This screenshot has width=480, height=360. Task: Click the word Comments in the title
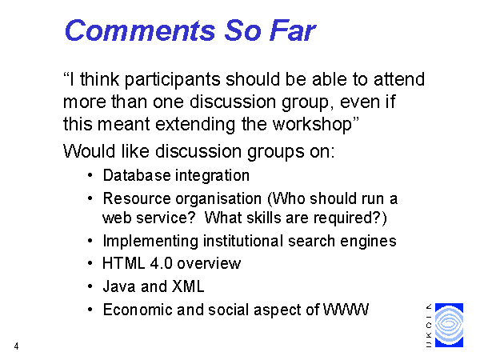click(x=140, y=30)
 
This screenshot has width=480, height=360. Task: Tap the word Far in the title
click(x=292, y=30)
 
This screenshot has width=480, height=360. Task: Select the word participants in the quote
click(x=172, y=80)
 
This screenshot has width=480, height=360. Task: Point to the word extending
click(x=195, y=125)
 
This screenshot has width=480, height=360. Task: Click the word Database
click(x=137, y=175)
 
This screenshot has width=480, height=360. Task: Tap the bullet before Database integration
click(x=90, y=175)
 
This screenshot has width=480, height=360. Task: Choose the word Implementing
click(x=150, y=241)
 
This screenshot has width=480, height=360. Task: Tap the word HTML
click(x=124, y=263)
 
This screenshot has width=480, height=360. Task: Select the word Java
click(x=119, y=286)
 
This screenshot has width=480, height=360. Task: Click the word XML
click(x=188, y=286)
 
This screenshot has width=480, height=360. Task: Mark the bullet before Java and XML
click(x=90, y=286)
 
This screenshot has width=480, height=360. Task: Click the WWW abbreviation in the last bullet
click(x=346, y=310)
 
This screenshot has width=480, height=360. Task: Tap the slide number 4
click(x=16, y=346)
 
